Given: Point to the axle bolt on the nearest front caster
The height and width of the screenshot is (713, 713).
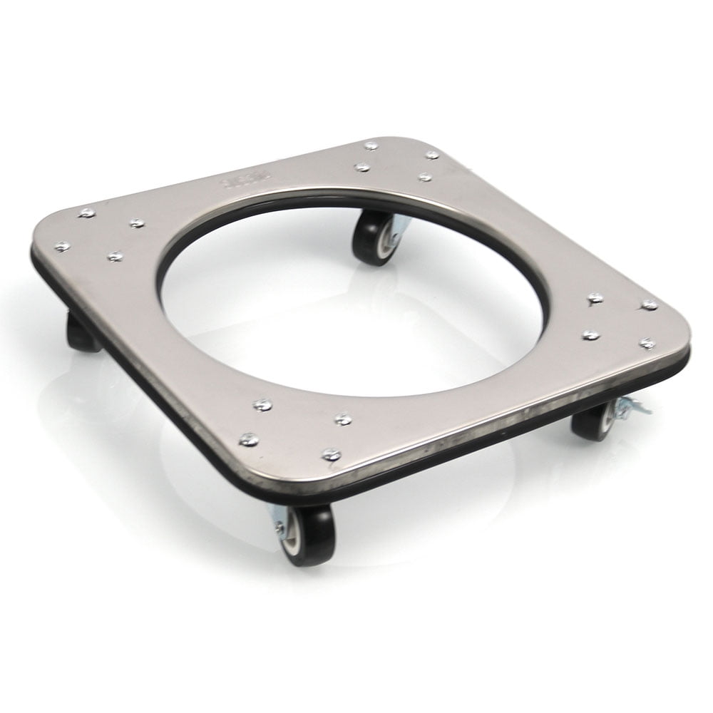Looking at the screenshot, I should (x=279, y=528).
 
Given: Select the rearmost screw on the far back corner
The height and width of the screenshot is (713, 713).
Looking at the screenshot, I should (x=370, y=145).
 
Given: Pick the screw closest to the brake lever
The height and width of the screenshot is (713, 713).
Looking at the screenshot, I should (x=647, y=344).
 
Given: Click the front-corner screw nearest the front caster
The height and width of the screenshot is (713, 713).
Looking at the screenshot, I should (x=331, y=453).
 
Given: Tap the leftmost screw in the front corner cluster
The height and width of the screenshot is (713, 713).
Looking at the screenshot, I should (x=248, y=439).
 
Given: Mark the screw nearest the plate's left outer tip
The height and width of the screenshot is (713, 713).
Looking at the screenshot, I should (x=62, y=246).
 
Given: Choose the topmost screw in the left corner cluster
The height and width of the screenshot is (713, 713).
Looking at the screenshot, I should (x=87, y=212).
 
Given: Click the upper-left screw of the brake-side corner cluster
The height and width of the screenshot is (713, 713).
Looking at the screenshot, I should (x=594, y=297).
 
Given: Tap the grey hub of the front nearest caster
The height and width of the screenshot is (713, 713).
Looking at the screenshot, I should (x=292, y=535).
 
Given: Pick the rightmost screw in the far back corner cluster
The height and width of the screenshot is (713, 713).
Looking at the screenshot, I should (x=432, y=154).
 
